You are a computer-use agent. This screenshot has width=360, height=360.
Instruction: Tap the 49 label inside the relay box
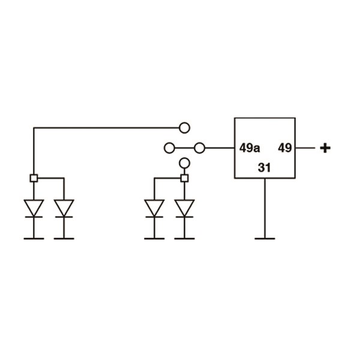click(285, 148)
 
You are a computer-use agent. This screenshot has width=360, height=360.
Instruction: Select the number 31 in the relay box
click(265, 168)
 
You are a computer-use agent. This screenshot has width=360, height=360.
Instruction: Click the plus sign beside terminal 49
click(325, 148)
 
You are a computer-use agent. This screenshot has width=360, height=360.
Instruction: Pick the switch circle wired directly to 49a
click(200, 147)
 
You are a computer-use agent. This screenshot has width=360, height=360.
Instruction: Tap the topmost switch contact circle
click(184, 127)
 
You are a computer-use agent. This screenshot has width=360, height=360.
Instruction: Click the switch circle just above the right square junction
click(184, 163)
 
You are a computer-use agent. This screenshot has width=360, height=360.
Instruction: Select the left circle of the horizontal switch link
click(169, 147)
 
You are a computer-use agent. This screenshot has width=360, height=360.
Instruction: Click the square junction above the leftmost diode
click(34, 178)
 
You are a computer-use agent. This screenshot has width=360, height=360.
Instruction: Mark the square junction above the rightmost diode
click(184, 178)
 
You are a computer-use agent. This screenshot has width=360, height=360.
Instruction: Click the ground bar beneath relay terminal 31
click(265, 238)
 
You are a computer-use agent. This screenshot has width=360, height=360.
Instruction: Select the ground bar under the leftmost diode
click(34, 238)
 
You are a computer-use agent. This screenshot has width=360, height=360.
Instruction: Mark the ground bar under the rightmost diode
click(184, 238)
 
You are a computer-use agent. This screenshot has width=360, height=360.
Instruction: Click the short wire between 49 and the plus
click(304, 148)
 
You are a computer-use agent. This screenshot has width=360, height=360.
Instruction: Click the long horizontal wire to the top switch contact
click(108, 127)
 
